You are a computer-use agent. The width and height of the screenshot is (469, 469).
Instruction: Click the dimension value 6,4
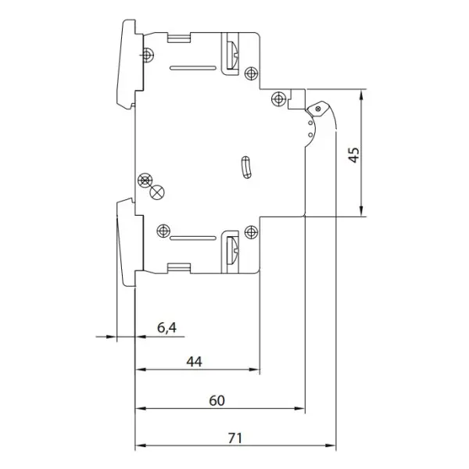tap(167, 328)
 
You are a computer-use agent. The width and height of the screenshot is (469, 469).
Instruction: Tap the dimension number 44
tap(194, 362)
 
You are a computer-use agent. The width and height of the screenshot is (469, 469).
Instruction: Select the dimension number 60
tap(217, 400)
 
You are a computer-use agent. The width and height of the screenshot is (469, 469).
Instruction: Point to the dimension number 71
tap(234, 439)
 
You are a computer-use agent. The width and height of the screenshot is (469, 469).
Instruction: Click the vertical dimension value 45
tap(354, 155)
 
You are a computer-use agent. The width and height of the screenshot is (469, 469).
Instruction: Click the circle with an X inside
tap(157, 192)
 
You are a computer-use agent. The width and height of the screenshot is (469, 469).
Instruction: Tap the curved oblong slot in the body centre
tap(246, 167)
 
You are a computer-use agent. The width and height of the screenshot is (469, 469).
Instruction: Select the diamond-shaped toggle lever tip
tap(318, 109)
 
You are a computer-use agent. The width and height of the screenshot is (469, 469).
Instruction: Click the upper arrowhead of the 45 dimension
tap(362, 95)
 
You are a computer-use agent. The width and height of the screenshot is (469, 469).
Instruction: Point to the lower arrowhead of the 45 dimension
tap(362, 210)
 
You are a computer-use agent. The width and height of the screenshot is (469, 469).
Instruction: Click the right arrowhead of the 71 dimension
tap(330, 446)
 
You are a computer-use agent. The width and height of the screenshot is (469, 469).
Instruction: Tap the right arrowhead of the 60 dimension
tap(299, 408)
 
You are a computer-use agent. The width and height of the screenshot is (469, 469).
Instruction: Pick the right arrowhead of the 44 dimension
tap(253, 370)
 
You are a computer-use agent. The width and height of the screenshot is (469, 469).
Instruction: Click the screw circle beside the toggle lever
tap(278, 98)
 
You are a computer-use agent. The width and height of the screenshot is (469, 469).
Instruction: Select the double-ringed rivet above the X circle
tap(145, 181)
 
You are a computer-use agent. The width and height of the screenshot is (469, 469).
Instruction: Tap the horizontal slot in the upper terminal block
tap(193, 68)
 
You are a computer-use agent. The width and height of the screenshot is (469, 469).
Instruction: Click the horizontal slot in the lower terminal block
tap(193, 238)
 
